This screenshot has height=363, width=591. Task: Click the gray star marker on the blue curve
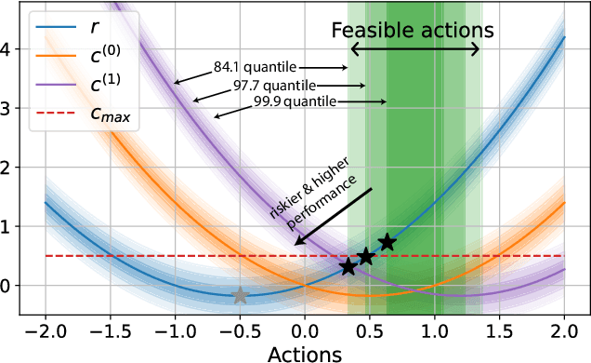click(240, 295)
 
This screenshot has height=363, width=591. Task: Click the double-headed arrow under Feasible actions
click(414, 51)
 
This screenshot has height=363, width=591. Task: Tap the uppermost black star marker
click(387, 243)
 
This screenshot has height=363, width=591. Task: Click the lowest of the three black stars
click(348, 267)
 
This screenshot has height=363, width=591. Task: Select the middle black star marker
click(366, 256)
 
